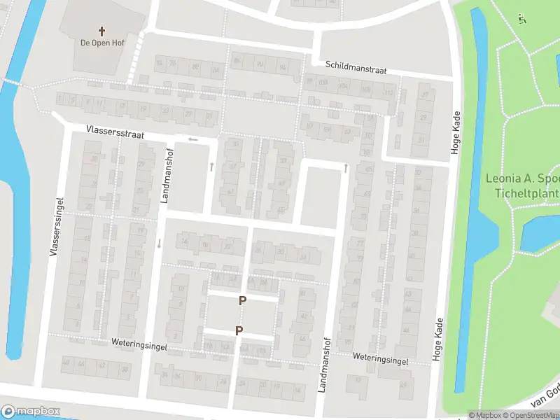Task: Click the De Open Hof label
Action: (x=102, y=43)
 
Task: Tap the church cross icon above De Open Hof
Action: (x=102, y=31)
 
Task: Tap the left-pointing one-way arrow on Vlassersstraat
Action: (x=193, y=139)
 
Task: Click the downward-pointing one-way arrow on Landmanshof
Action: (x=160, y=244)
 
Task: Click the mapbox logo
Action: (x=31, y=412)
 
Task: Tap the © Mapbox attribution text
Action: (x=484, y=415)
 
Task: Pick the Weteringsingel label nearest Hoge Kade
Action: (x=380, y=358)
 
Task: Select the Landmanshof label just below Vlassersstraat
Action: (x=167, y=176)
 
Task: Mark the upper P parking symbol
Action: (x=243, y=301)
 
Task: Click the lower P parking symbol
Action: (x=239, y=330)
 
